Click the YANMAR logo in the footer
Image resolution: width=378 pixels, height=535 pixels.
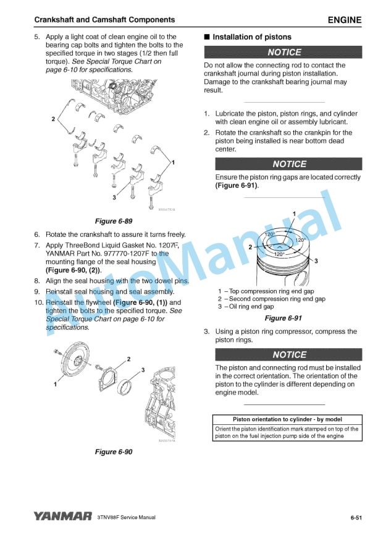[63, 516]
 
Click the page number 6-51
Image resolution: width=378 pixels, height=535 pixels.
[356, 518]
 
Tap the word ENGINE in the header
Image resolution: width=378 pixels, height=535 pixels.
[345, 20]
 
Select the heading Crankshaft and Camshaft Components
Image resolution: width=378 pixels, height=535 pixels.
[104, 20]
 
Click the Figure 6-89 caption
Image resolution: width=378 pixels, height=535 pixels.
[114, 221]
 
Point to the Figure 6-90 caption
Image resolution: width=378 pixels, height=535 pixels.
[114, 452]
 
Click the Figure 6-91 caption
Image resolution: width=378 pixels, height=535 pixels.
[283, 318]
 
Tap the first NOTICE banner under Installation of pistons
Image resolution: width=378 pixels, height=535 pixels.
[283, 52]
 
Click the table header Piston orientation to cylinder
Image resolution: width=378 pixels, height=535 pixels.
[287, 419]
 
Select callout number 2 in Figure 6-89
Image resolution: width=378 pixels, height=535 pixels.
[53, 119]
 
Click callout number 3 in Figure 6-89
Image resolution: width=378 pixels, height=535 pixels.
[114, 197]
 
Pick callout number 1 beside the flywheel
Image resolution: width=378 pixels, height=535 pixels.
[55, 384]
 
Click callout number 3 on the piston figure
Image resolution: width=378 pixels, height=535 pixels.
[316, 261]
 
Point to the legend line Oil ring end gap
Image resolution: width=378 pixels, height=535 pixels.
[246, 306]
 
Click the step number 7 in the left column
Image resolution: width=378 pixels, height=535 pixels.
[37, 246]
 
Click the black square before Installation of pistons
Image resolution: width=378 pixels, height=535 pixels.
[206, 37]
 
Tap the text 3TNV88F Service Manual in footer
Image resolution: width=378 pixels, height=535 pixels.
[126, 517]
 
